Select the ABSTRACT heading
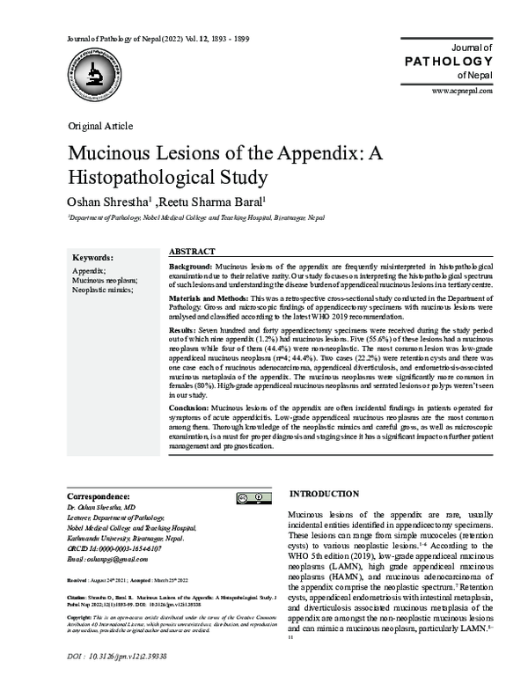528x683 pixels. coord(192,251)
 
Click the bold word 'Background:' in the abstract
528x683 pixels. coord(189,266)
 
